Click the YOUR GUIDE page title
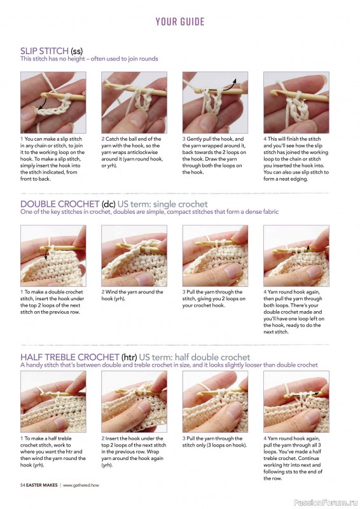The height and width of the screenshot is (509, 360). (x=180, y=22)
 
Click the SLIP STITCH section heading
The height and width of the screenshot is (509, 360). (x=45, y=51)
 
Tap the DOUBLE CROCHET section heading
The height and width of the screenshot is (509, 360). (x=60, y=204)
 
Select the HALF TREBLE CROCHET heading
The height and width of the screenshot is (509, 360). (x=70, y=357)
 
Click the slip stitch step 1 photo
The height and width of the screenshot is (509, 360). (x=53, y=102)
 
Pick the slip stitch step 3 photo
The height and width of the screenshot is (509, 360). (x=215, y=102)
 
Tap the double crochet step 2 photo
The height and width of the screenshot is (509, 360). (x=134, y=256)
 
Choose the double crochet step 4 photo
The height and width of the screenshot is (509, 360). (x=296, y=256)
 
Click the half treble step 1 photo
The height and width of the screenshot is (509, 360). (x=53, y=401)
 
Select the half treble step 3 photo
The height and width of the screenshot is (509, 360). (x=215, y=401)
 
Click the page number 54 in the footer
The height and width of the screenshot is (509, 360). (x=22, y=485)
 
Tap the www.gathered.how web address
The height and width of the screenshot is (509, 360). (x=81, y=485)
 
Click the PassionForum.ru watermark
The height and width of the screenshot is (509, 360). (x=326, y=503)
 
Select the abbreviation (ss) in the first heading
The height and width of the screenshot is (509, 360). (x=76, y=51)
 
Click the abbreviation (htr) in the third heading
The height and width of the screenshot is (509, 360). (x=129, y=358)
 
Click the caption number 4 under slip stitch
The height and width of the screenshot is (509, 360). (x=265, y=139)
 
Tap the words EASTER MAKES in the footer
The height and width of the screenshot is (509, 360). (x=41, y=485)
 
